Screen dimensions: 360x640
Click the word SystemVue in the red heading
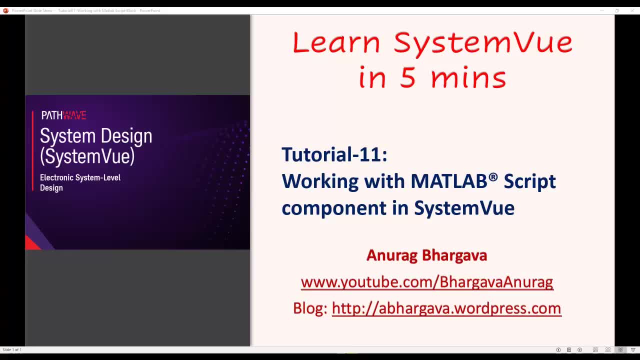(483, 42)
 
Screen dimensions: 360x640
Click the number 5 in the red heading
(407, 78)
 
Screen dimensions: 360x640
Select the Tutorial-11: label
(334, 154)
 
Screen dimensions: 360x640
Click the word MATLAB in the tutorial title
(449, 181)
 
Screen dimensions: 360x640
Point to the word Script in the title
(529, 181)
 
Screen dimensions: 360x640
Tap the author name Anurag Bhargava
(426, 255)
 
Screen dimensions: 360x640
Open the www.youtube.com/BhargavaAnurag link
(426, 282)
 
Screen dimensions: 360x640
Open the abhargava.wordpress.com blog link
(446, 308)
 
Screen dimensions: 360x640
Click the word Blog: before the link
(310, 308)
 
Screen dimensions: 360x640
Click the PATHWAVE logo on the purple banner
(63, 115)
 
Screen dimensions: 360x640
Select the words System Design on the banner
(96, 136)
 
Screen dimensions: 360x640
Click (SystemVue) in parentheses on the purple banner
(87, 156)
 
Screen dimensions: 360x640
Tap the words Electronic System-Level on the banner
(80, 177)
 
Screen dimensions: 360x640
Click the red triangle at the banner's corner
(32, 243)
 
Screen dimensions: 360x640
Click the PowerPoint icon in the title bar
(5, 10)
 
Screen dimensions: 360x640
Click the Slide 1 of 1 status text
(12, 349)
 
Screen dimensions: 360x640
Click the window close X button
(632, 10)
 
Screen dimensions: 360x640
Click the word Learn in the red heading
(336, 42)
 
